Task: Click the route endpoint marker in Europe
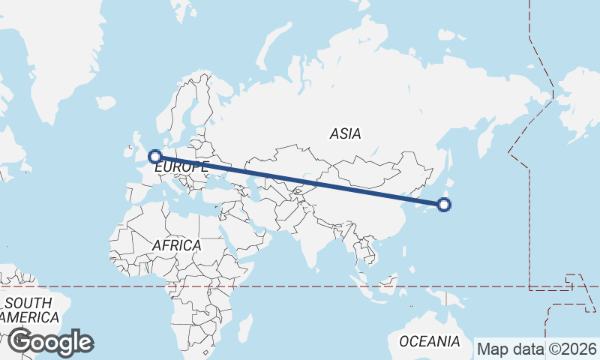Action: point(155,157)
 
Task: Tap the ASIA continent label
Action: point(345,134)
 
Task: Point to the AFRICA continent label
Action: point(176,245)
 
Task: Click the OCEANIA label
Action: point(429,341)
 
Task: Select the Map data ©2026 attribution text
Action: point(537,349)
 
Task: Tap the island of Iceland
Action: point(105,102)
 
